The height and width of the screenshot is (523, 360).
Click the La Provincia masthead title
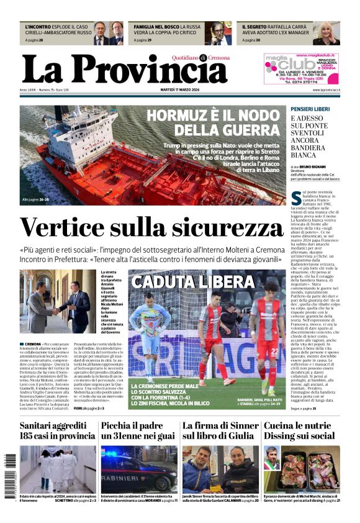pyautogui.click(x=125, y=69)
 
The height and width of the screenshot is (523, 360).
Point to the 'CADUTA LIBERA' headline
pyautogui.click(x=192, y=282)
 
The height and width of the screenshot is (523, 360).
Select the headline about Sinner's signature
pyautogui.click(x=220, y=430)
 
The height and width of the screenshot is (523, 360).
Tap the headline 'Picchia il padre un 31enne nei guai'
pyautogui.click(x=138, y=430)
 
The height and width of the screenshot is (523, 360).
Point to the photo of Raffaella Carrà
pyautogui.click(x=325, y=34)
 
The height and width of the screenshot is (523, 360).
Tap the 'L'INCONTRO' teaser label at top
pyautogui.click(x=38, y=27)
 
